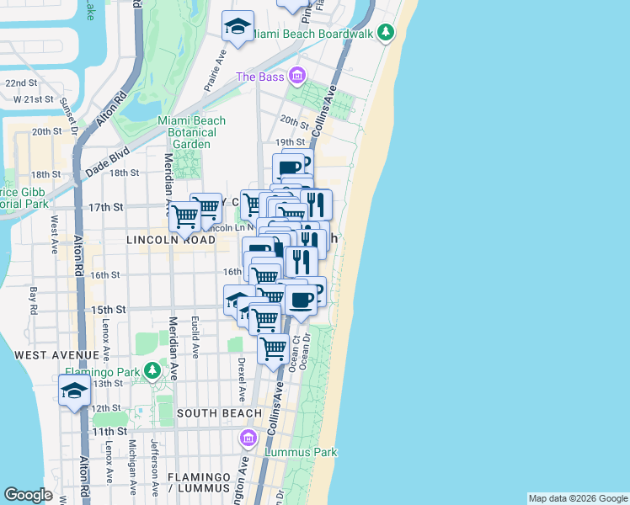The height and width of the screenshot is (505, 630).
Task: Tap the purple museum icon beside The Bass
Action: point(296,77)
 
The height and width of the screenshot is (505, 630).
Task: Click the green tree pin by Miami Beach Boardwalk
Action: point(386,32)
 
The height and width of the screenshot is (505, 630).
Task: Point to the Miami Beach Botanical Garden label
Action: point(192,132)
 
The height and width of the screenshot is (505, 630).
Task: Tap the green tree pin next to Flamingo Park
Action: point(152,370)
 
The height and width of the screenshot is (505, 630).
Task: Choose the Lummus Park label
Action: point(301,452)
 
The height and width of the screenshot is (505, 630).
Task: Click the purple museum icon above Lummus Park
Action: point(248,439)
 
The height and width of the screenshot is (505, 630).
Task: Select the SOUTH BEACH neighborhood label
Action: point(220,413)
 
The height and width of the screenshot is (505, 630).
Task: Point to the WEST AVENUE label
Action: point(57,355)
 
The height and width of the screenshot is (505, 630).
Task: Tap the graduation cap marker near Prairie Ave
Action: point(238,28)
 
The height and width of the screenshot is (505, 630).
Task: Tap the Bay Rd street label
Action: point(34,298)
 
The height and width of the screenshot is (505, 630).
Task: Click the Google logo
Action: point(29,495)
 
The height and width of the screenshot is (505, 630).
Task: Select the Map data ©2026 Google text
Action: point(577,498)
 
